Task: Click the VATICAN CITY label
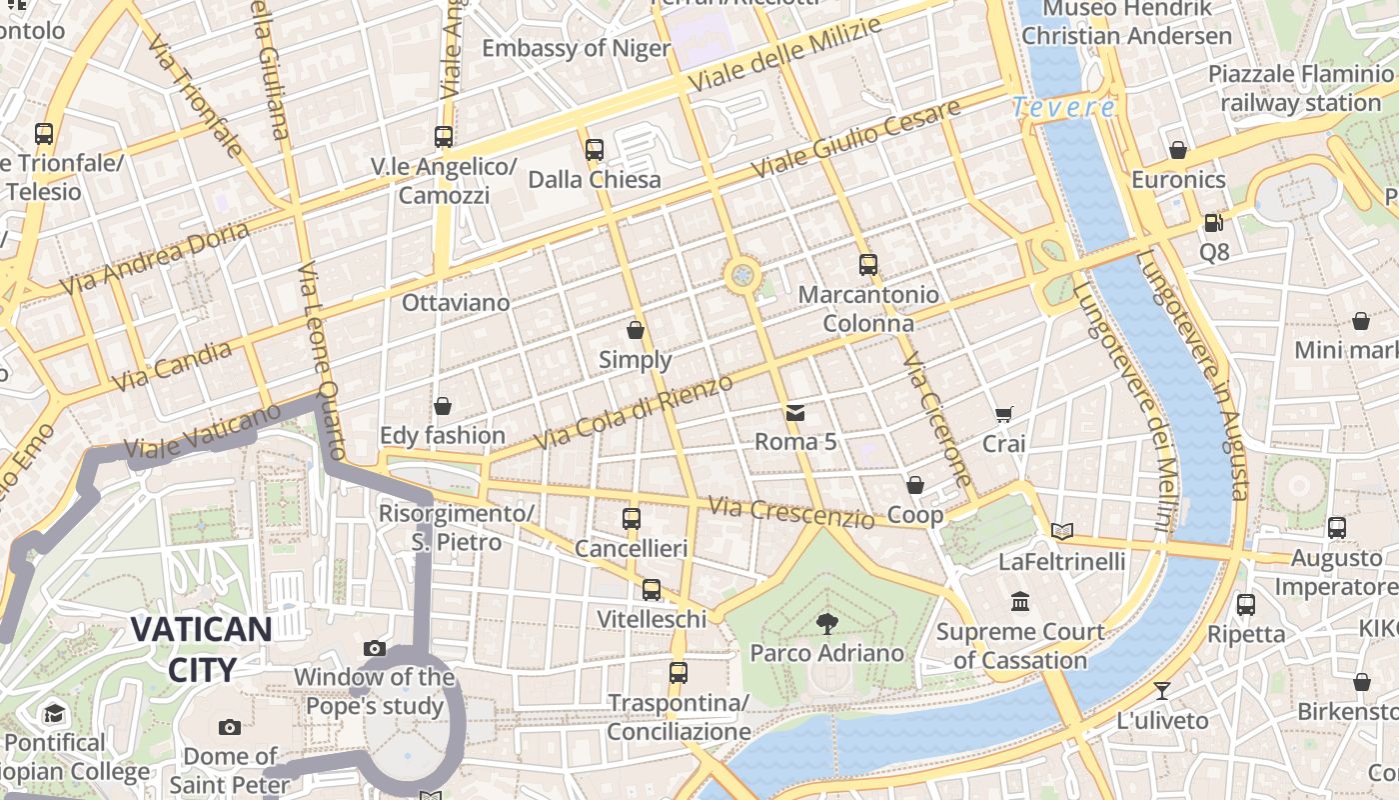201,649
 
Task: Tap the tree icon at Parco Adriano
826,624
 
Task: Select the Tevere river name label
1063,107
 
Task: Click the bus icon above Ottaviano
444,137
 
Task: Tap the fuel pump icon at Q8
1214,223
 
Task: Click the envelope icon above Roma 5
795,412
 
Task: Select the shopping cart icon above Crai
1004,414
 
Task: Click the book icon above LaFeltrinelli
1062,531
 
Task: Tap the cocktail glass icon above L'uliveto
1161,690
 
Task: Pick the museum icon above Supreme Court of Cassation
1020,602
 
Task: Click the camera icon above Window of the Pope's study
375,648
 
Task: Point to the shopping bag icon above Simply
636,330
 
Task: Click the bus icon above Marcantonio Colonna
868,265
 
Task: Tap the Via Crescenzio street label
791,512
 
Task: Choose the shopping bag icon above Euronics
1178,150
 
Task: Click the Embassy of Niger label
576,48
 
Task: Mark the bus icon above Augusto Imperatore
1337,527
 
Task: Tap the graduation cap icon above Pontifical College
54,713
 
